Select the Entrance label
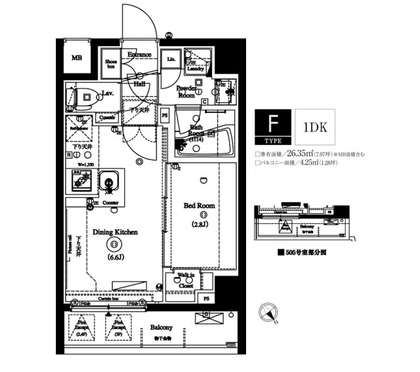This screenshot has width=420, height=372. coord(139,55)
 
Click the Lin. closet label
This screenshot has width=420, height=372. coord(171,60)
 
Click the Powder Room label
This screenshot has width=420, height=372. coord(186,92)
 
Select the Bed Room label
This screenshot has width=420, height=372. coord(198,205)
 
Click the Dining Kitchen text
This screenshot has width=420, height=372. coord(115,232)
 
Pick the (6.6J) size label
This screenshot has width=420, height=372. coord(115,257)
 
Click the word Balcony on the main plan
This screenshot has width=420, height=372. coord(161,328)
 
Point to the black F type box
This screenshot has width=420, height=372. coord(272,126)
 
